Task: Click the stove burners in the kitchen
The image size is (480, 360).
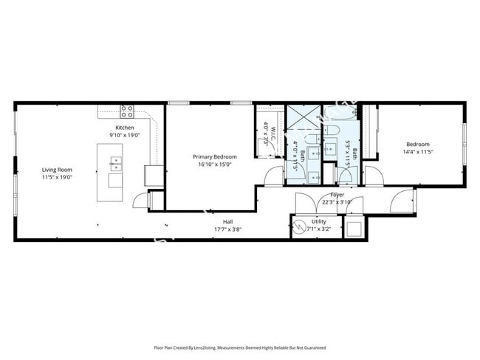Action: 127,111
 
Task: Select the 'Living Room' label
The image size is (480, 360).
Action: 56,170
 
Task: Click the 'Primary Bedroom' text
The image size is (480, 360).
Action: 214,157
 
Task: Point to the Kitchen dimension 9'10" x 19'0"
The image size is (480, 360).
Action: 125,136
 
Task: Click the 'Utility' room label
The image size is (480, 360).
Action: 319,221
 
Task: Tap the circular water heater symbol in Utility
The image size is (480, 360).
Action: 301,227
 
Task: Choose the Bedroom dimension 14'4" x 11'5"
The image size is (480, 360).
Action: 417,152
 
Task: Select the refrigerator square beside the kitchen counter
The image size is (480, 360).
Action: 154,175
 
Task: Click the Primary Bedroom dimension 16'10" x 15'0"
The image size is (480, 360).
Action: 214,165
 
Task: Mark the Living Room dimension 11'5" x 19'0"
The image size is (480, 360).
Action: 56,178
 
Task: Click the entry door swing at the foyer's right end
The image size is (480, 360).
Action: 402,199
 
